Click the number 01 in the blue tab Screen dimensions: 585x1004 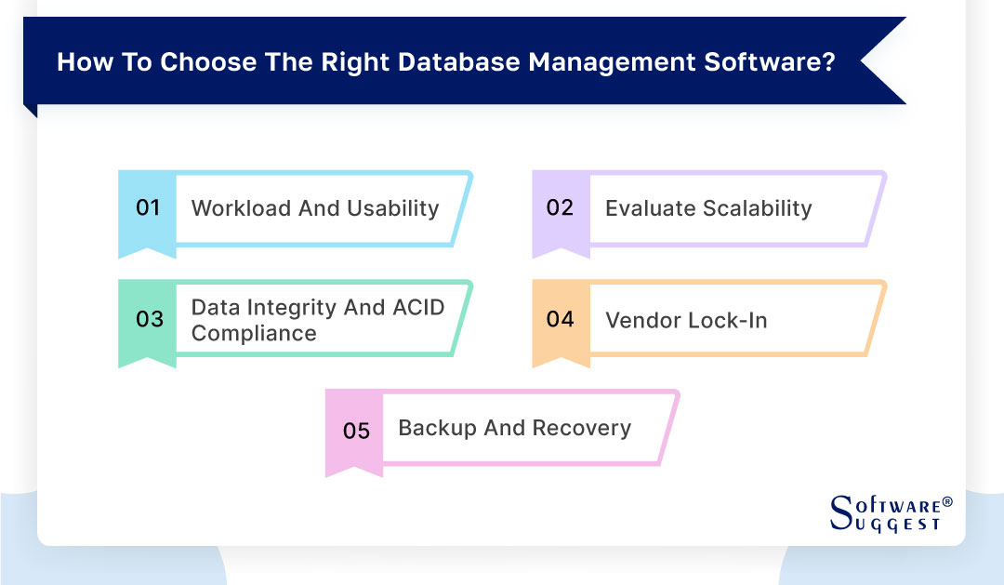pyautogui.click(x=149, y=207)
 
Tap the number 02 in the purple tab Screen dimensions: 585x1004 pyautogui.click(x=560, y=207)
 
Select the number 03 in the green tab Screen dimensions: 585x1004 pyautogui.click(x=149, y=319)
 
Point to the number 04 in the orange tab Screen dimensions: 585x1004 pyautogui.click(x=560, y=319)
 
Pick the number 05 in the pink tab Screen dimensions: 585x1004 pyautogui.click(x=356, y=431)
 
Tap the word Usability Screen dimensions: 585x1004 pyautogui.click(x=392, y=208)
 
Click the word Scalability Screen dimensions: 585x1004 pyautogui.click(x=756, y=208)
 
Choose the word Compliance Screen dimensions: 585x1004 pyautogui.click(x=254, y=333)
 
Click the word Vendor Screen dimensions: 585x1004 pyautogui.click(x=642, y=320)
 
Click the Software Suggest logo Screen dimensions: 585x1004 pyautogui.click(x=891, y=512)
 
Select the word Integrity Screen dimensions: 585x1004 pyautogui.click(x=292, y=307)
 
